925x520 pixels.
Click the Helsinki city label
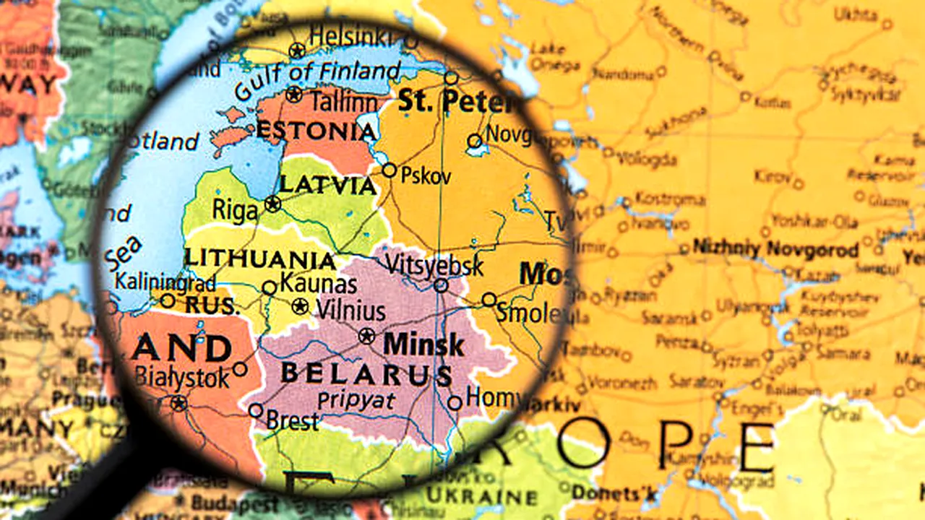point(353,35)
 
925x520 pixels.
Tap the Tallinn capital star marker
point(293,94)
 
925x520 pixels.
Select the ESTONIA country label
point(316,131)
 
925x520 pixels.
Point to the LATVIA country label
point(328,185)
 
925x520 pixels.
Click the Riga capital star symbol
point(272,204)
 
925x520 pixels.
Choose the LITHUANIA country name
point(259,259)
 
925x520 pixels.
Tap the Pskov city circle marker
point(390,170)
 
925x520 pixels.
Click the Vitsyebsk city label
point(434,264)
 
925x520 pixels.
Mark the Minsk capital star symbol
point(367,336)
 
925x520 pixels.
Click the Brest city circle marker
point(256,410)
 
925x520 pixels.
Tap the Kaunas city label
point(318,284)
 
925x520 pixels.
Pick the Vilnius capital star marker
point(301,307)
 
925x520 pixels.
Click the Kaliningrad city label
point(165,281)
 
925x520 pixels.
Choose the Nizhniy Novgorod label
point(775,249)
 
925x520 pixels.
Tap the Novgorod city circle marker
point(475,141)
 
